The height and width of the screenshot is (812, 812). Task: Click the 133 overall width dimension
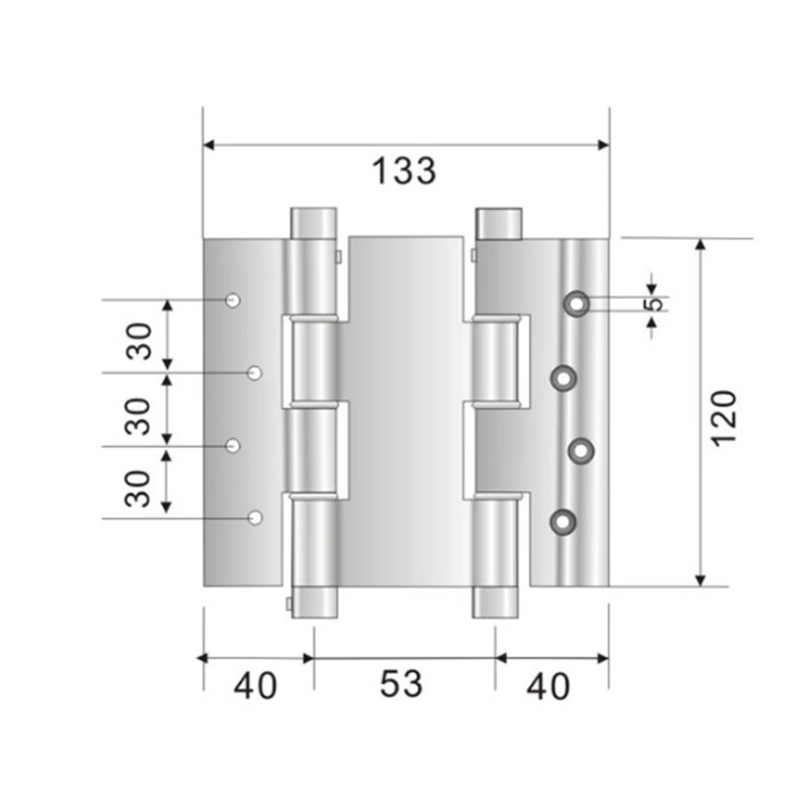coord(405,171)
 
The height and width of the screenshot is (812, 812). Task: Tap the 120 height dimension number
coord(724,419)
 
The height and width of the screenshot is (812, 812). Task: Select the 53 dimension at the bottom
coord(402,684)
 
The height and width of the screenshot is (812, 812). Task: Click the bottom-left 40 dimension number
coord(256,686)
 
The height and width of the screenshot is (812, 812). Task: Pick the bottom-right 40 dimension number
coord(548,687)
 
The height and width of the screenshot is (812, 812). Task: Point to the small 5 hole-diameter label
coord(655,304)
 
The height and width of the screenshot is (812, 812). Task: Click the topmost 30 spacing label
coord(139,342)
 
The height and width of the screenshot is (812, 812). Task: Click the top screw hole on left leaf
coord(233,300)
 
